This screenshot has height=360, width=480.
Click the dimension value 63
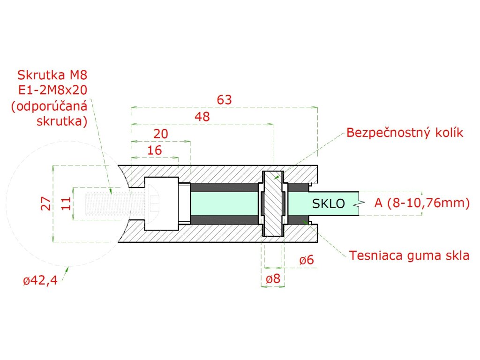(x=225, y=100)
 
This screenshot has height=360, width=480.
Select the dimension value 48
(x=202, y=117)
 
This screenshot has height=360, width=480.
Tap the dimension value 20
(x=161, y=134)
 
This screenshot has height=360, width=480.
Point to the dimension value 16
(x=154, y=150)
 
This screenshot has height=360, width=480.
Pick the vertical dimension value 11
(x=66, y=203)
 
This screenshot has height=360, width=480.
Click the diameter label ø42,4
(x=40, y=281)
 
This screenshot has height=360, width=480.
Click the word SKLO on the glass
(x=328, y=203)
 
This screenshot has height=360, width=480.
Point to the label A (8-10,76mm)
(x=421, y=203)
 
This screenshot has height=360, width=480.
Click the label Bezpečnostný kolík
(x=405, y=133)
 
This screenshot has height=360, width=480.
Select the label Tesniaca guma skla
(x=409, y=255)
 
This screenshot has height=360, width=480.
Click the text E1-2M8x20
(x=52, y=90)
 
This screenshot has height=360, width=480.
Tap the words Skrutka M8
(x=52, y=75)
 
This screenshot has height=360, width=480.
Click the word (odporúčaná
(x=49, y=106)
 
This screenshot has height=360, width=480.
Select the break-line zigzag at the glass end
(x=360, y=203)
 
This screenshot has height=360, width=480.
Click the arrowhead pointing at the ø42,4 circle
(x=67, y=270)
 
